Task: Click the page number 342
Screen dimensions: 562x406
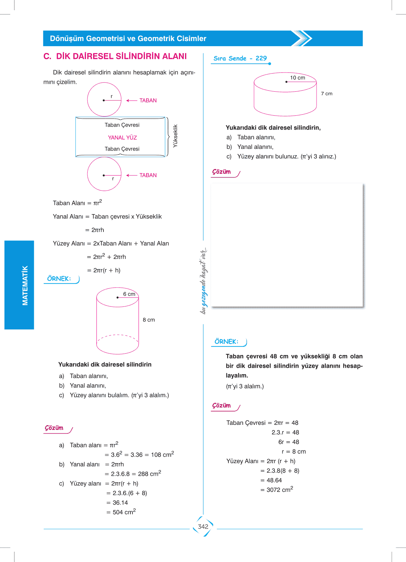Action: (203, 526)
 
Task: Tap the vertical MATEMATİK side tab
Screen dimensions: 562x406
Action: (25, 285)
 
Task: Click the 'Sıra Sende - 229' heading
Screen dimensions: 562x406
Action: (240, 58)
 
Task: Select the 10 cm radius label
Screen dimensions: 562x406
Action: (297, 78)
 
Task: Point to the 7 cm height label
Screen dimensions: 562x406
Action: (326, 93)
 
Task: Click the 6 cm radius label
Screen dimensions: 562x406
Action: (129, 294)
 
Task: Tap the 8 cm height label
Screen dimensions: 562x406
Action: (149, 320)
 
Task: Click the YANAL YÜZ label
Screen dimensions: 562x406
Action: (122, 138)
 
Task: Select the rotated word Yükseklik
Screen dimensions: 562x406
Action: (175, 136)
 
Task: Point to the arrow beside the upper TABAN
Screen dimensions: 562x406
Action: (131, 101)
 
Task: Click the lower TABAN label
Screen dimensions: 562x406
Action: (148, 175)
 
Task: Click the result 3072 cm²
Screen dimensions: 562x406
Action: (280, 489)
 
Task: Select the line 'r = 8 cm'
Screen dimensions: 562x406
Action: (294, 452)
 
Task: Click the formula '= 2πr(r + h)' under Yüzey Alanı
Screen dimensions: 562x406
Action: (107, 270)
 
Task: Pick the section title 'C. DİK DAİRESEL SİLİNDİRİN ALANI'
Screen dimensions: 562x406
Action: (115, 56)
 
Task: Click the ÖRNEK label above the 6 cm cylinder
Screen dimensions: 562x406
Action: (59, 279)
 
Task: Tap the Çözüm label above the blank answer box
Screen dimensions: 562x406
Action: (222, 172)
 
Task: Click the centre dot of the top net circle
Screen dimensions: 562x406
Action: (104, 100)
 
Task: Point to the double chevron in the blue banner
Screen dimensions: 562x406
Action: (302, 38)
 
